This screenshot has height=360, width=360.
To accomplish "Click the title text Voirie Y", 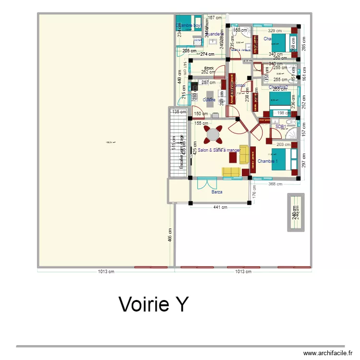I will (153, 304).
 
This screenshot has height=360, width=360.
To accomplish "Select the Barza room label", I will (217, 192).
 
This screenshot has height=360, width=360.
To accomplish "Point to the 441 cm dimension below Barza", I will (220, 207).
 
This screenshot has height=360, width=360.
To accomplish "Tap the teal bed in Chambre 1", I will (283, 160).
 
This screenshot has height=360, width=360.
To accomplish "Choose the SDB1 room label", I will (281, 127).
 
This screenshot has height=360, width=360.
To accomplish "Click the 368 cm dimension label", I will (275, 184).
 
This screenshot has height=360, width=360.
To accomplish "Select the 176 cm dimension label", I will (254, 193).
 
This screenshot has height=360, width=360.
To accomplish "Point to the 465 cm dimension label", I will (170, 238).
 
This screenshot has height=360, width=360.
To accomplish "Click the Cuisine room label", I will (209, 100).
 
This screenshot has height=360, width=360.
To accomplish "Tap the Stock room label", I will (209, 69).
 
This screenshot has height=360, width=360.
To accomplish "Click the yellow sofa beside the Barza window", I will (231, 171).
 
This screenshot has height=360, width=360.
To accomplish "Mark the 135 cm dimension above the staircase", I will (179, 112).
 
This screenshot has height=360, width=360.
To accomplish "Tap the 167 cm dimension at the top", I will (214, 18).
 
